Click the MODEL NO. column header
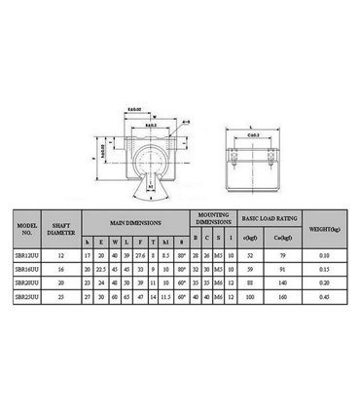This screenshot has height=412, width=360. tap(27, 230)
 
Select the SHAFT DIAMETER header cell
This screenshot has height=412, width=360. tap(62, 230)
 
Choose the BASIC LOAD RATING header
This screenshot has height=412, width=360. tap(267, 219)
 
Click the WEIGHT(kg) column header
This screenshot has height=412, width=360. tap(322, 230)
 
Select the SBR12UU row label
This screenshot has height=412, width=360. tap(27, 256)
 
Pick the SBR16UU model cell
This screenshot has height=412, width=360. tap(27, 269)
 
